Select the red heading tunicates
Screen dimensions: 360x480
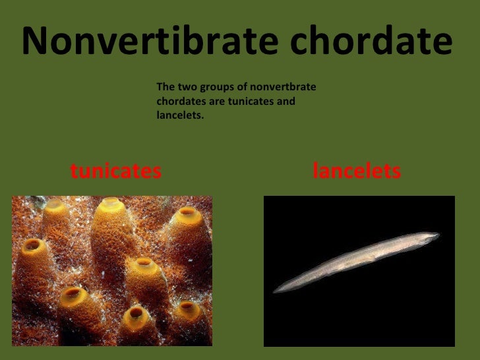click(115, 171)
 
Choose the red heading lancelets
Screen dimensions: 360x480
click(357, 171)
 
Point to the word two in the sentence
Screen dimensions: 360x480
click(185, 87)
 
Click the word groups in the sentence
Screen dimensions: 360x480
click(213, 87)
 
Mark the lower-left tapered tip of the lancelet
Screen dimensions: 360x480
click(276, 291)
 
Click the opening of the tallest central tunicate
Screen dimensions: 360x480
click(110, 204)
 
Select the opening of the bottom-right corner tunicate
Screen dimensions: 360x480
click(189, 307)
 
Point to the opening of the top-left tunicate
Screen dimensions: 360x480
click(55, 204)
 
